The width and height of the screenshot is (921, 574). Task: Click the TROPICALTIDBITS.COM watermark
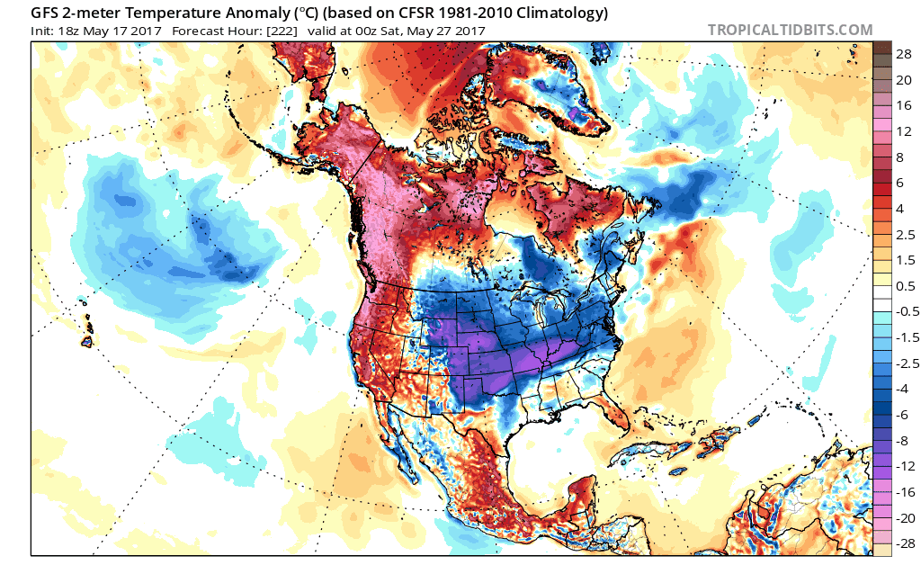point(790,30)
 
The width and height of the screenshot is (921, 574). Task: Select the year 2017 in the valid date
point(470,31)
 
